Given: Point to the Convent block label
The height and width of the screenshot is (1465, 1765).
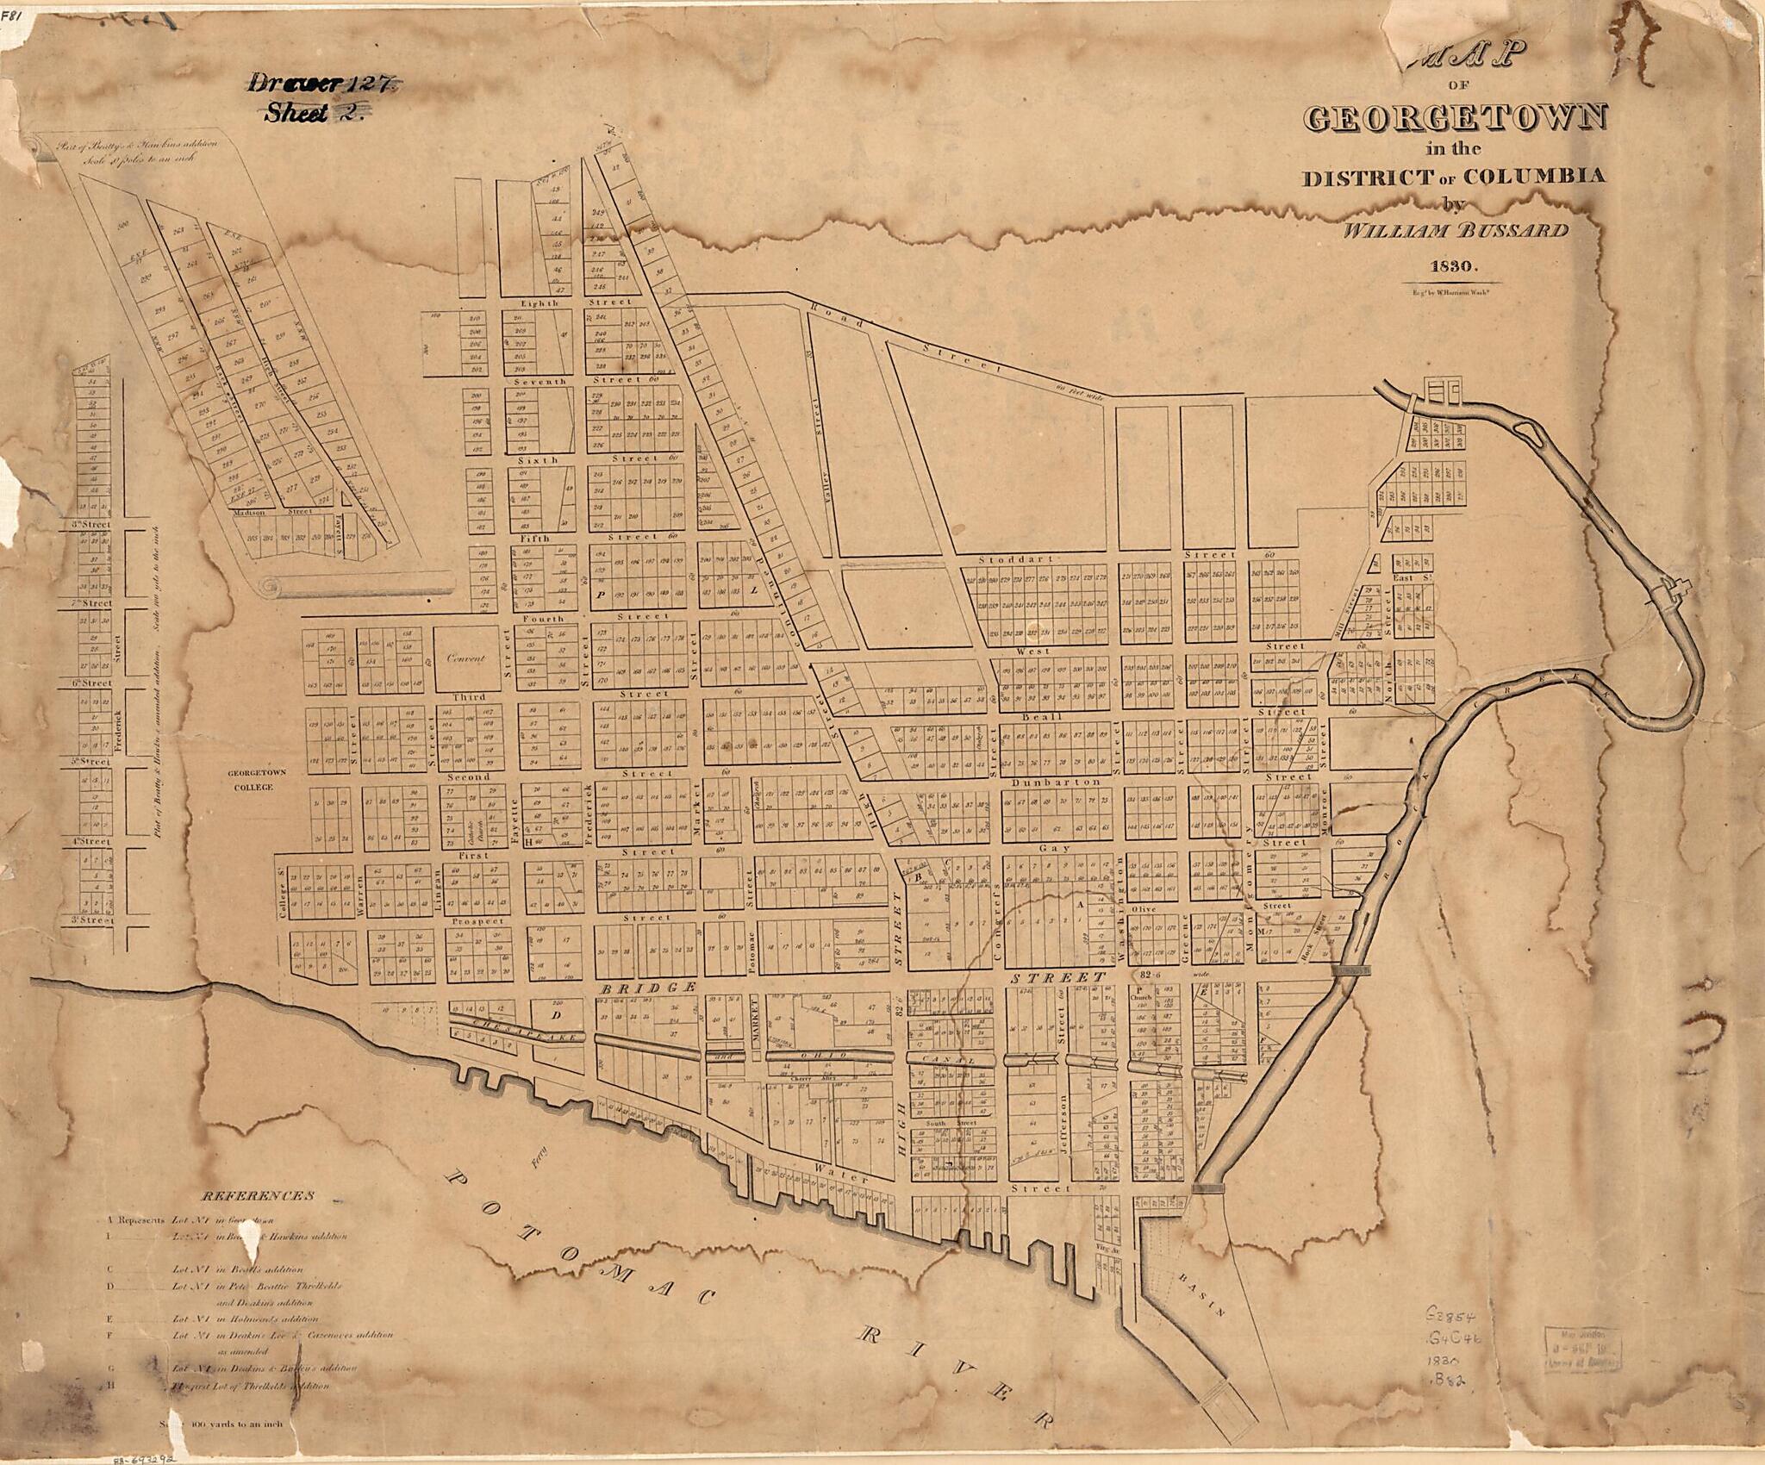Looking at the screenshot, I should [x=466, y=658].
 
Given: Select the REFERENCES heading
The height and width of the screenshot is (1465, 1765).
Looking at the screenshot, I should [x=258, y=1196].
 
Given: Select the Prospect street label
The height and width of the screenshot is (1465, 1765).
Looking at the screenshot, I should [x=477, y=921].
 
